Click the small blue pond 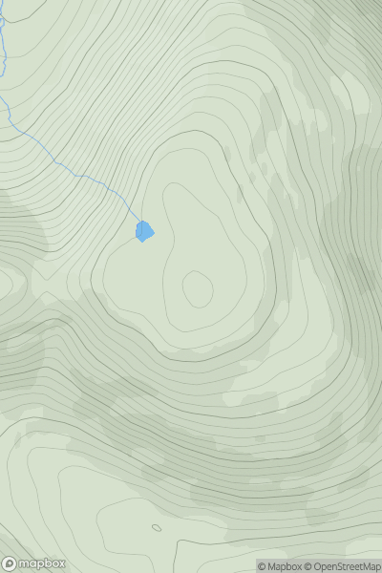click(144, 231)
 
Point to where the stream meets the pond click(140, 223)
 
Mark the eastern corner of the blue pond click(154, 230)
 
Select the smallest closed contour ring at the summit click(198, 288)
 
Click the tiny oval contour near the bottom click(156, 527)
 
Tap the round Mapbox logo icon click(11, 563)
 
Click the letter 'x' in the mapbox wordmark click(62, 563)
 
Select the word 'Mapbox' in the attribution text click(284, 566)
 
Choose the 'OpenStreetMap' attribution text click(346, 566)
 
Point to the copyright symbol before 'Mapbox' click(262, 566)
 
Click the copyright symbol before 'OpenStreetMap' click(308, 566)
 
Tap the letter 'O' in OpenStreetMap click(317, 566)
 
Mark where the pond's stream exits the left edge click(1, 95)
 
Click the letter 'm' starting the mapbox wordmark click(26, 563)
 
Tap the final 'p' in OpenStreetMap click(377, 566)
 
